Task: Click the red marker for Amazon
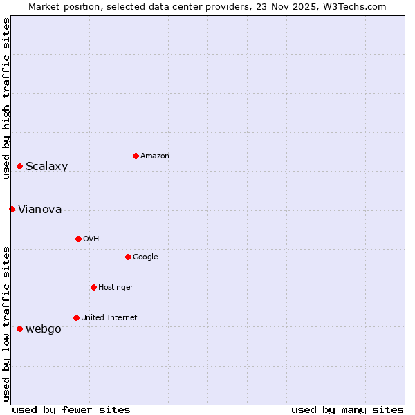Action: click(x=136, y=156)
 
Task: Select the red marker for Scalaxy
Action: click(x=19, y=166)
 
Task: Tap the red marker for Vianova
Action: click(x=12, y=209)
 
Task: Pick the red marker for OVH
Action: click(x=78, y=239)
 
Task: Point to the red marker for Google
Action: click(x=128, y=257)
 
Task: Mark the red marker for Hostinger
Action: click(x=93, y=287)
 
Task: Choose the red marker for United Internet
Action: click(x=76, y=317)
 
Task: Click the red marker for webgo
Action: click(x=19, y=329)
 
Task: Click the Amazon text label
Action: click(x=155, y=156)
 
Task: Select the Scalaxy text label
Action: click(x=47, y=167)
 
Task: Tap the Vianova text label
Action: click(x=40, y=210)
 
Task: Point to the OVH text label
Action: click(x=91, y=239)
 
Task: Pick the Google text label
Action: click(x=145, y=257)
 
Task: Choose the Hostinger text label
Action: click(x=116, y=288)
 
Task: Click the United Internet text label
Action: click(x=109, y=318)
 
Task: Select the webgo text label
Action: click(x=44, y=329)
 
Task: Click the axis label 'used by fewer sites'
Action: click(x=71, y=409)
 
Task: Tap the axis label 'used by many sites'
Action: click(x=347, y=409)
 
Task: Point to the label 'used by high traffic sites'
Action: click(x=6, y=98)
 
